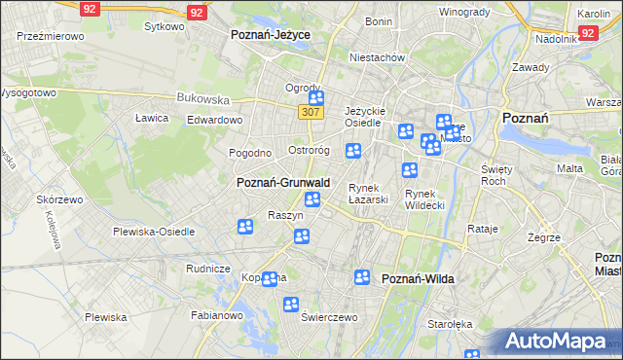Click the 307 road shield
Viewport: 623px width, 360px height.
(311, 113)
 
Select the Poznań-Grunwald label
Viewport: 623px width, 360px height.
(283, 182)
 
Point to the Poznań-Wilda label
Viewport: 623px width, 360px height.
(418, 278)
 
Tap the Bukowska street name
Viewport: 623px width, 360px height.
(202, 98)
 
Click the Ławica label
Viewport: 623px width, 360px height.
(152, 118)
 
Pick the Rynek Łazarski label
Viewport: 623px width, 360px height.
(369, 194)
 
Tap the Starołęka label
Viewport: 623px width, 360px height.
(451, 324)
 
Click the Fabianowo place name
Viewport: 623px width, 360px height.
(217, 315)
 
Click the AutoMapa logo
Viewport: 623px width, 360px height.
(557, 342)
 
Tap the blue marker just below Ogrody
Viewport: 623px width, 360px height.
(315, 98)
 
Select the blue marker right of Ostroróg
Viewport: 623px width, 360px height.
(354, 150)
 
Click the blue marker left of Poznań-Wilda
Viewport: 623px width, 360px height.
(362, 277)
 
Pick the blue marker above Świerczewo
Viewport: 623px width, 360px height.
(290, 305)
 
